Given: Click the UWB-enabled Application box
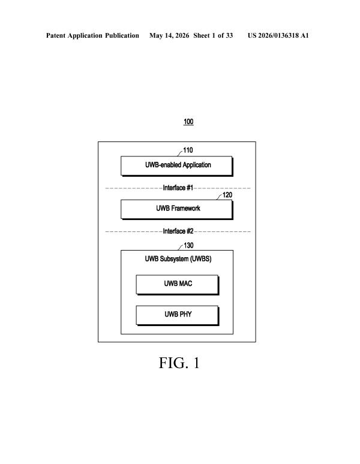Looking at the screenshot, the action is (177, 166).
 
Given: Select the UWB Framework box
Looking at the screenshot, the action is (177, 209).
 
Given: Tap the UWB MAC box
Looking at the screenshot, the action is (178, 285).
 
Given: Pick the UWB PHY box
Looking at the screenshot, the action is (178, 315).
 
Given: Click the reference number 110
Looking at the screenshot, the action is (188, 150).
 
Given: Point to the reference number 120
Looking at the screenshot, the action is (227, 195).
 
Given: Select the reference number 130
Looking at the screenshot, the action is (188, 246).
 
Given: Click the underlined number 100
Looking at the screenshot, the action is (188, 122).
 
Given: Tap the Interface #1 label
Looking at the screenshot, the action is (178, 188).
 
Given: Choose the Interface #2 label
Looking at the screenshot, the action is (178, 231).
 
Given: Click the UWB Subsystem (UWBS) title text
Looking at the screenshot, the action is (178, 259).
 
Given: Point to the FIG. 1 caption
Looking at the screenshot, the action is (179, 363).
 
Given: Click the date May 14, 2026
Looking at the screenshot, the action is (169, 36).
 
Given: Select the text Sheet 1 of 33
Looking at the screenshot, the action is (213, 36).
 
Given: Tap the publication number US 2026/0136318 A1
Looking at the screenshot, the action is (278, 36).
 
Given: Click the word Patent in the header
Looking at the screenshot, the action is (56, 36).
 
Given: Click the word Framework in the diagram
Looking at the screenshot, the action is (185, 209).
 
